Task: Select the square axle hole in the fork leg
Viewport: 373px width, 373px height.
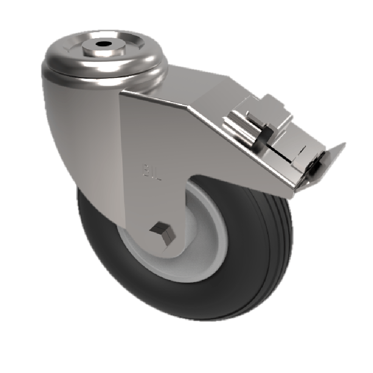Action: tap(159, 229)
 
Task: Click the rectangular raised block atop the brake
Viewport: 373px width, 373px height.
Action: tap(275, 110)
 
